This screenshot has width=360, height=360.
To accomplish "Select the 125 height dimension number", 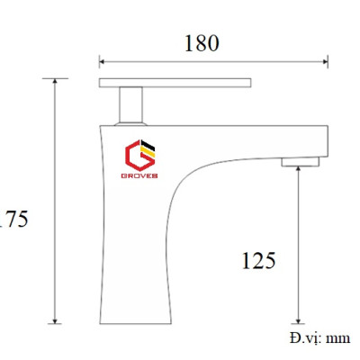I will [x=258, y=261].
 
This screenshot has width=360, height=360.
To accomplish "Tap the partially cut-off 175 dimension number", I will [x=14, y=219].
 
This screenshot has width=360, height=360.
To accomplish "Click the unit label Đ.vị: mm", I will [x=319, y=338].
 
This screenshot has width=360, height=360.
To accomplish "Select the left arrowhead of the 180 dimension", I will [x=102, y=62].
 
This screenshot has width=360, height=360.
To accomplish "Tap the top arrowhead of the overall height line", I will [x=56, y=81].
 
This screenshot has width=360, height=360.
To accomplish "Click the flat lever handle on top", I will [x=175, y=83].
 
